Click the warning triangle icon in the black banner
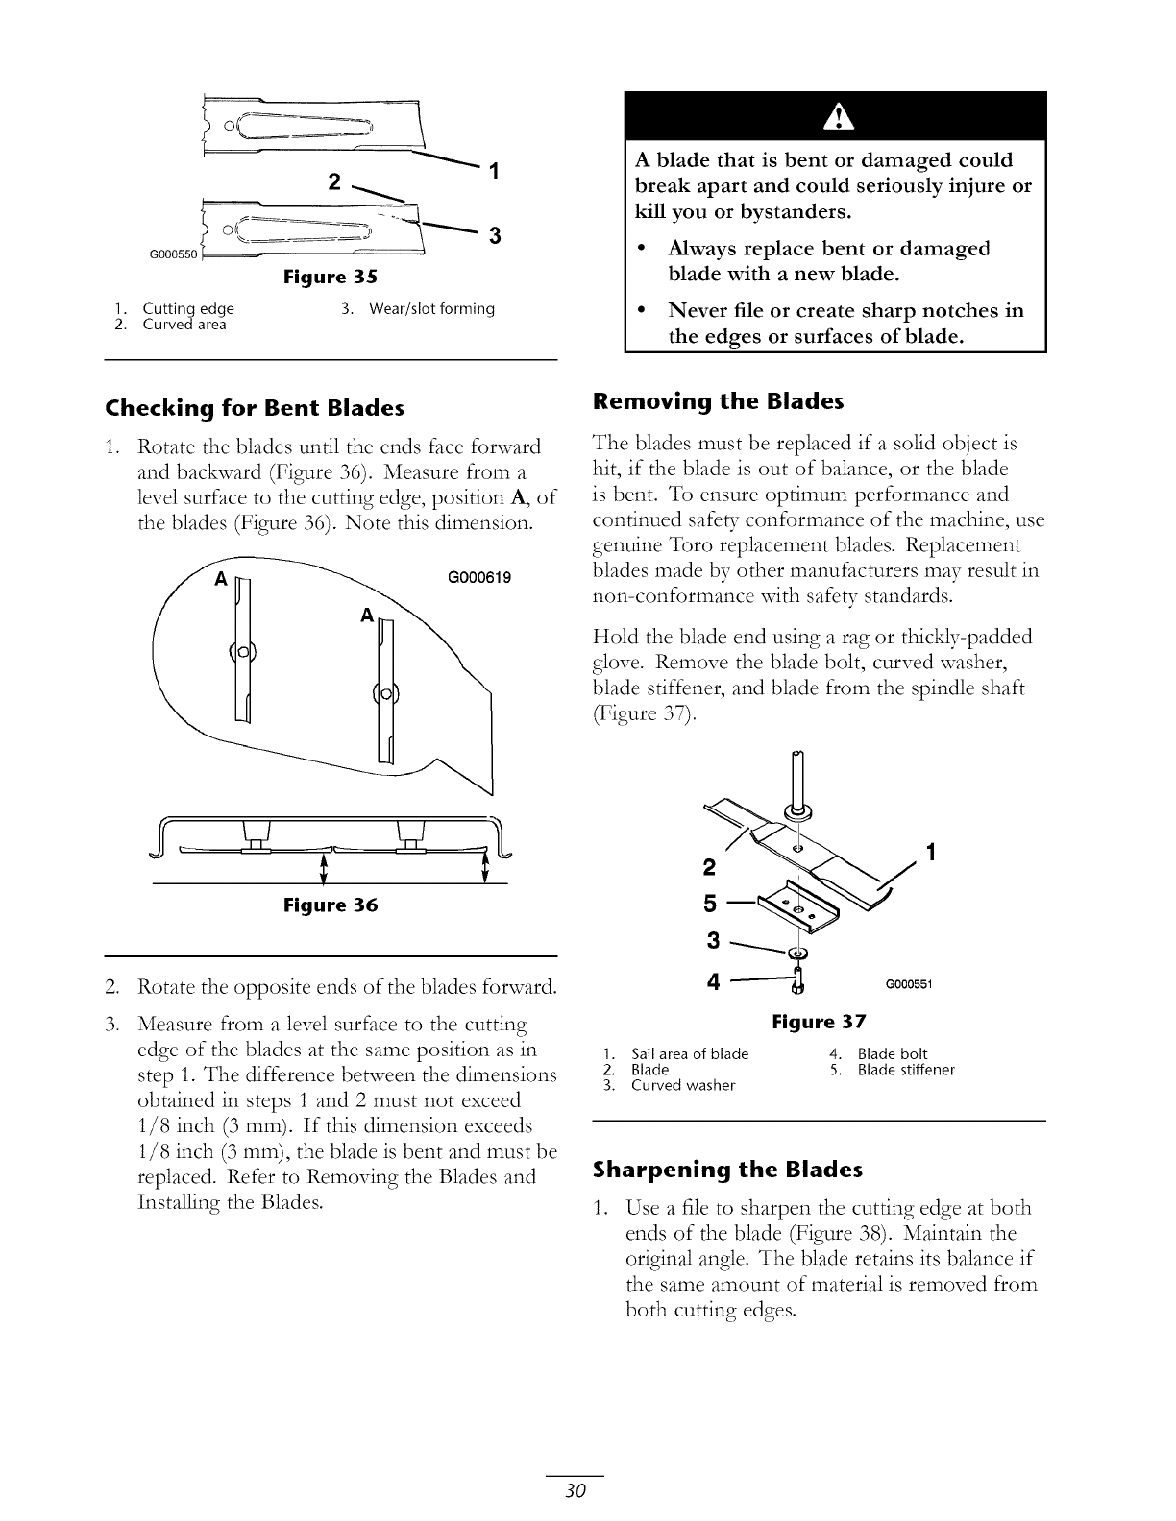(x=836, y=117)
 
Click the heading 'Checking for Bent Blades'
(x=255, y=408)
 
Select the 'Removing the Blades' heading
(x=718, y=401)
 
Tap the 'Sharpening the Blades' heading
(x=727, y=1170)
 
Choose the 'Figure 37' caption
(x=820, y=1022)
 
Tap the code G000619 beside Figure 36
(x=478, y=578)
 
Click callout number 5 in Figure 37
(x=712, y=905)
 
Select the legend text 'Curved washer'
(x=682, y=1085)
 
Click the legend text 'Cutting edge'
(x=188, y=309)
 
